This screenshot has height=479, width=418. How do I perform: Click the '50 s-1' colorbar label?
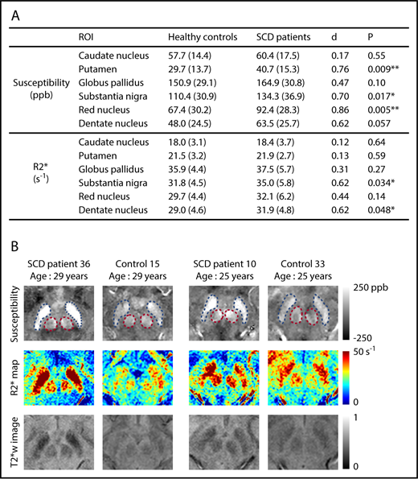point(379,353)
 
